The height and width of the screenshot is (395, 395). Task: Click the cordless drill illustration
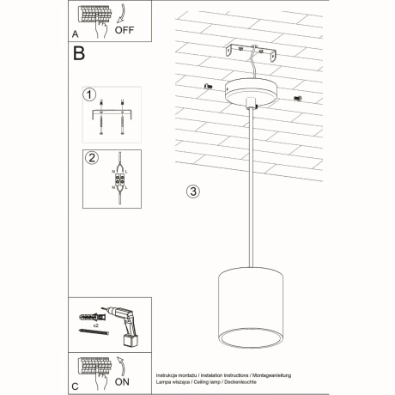(125, 319)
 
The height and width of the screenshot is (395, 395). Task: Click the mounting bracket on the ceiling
(252, 56)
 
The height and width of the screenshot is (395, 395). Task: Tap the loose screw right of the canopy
(297, 98)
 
